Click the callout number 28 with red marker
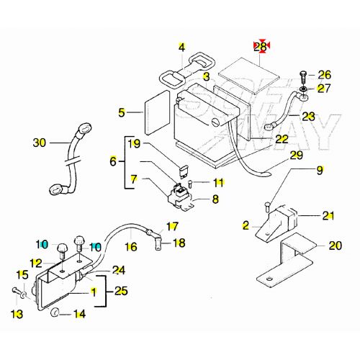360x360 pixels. click(x=261, y=47)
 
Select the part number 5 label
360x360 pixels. click(x=122, y=112)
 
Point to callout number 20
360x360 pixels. click(x=335, y=246)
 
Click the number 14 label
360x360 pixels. click(x=79, y=314)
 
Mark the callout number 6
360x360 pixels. click(x=113, y=162)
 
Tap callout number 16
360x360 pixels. click(x=130, y=247)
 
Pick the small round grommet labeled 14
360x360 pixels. click(x=55, y=314)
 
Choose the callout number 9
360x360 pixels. click(x=320, y=171)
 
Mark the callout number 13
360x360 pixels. click(x=17, y=314)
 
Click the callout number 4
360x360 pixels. click(x=182, y=48)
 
